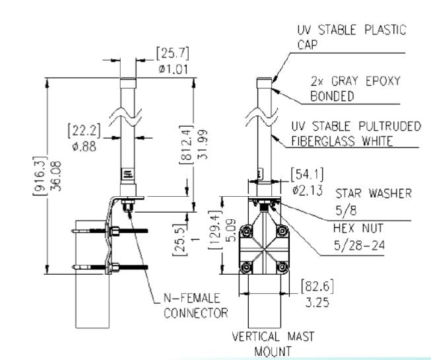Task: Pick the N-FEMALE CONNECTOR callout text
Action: [195, 306]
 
